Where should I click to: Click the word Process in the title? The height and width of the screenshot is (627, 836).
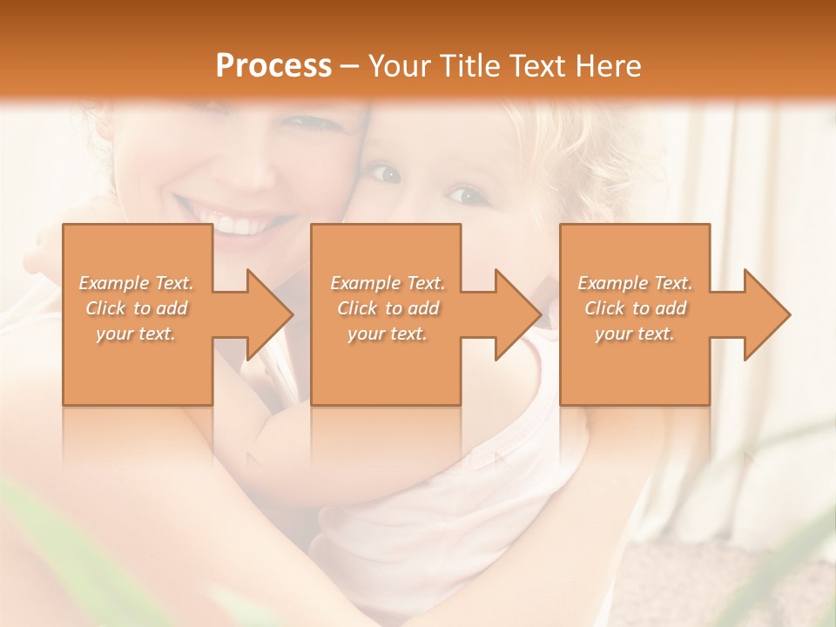click(x=273, y=66)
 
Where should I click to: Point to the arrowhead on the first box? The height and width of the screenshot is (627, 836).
click(x=271, y=314)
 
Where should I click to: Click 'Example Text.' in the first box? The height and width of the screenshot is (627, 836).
click(x=136, y=283)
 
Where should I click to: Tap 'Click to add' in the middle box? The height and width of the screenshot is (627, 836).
click(x=388, y=308)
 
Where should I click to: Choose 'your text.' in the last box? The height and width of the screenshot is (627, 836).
click(x=634, y=334)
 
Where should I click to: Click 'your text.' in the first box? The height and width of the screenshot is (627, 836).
click(x=136, y=334)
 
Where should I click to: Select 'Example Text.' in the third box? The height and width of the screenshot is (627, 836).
click(x=635, y=283)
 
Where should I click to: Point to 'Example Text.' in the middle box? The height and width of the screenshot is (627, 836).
click(x=388, y=283)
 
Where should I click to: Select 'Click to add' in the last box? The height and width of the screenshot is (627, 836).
click(x=635, y=308)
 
